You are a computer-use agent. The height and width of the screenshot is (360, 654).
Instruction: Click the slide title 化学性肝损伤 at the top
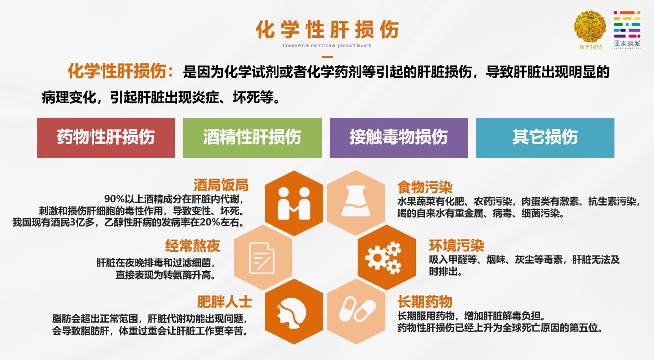click(x=327, y=30)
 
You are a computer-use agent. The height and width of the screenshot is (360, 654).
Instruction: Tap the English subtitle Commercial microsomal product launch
click(x=327, y=45)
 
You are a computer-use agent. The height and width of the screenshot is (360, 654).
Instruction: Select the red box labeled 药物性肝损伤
click(x=106, y=138)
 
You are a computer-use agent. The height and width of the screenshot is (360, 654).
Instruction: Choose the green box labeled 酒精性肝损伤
click(x=252, y=138)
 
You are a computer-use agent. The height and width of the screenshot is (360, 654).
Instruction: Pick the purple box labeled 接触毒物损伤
click(x=399, y=138)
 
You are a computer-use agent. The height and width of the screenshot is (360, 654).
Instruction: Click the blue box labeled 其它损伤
click(x=545, y=138)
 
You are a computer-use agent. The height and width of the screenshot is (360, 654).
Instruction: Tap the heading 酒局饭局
click(x=221, y=185)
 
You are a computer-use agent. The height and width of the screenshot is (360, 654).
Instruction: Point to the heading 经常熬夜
click(x=193, y=246)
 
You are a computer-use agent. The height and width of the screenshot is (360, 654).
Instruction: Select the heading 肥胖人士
click(x=225, y=302)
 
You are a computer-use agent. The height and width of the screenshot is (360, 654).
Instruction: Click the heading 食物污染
click(x=425, y=187)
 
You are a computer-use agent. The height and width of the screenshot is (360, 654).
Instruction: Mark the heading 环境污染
click(x=457, y=245)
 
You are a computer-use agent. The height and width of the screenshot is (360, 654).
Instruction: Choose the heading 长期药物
click(x=425, y=302)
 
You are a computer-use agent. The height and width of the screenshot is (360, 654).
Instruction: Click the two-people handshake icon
click(x=294, y=204)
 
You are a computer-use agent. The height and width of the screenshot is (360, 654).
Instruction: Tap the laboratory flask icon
click(x=355, y=201)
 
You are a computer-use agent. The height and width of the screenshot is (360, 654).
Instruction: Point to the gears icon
click(x=384, y=258)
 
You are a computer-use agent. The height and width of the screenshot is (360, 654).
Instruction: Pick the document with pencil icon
click(x=262, y=258)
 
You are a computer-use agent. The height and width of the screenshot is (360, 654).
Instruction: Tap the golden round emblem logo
click(x=590, y=27)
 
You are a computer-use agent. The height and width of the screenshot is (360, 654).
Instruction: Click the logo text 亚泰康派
click(x=627, y=44)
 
